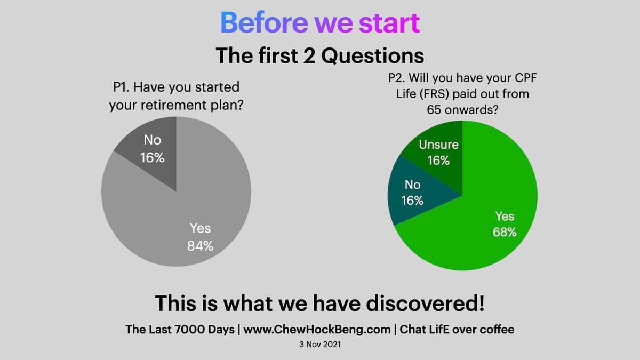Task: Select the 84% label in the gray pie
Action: (x=201, y=246)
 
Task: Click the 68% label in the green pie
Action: (x=505, y=232)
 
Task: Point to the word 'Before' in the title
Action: (x=264, y=23)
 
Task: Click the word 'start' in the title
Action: (x=389, y=23)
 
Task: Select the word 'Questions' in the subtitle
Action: (x=373, y=55)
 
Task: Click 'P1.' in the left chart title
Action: (x=121, y=87)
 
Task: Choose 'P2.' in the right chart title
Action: (x=397, y=78)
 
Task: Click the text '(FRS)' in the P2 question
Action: (x=434, y=94)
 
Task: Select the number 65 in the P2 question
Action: (x=434, y=110)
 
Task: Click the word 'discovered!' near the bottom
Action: (x=426, y=303)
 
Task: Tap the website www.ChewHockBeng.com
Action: (x=317, y=330)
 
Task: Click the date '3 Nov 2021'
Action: (x=319, y=345)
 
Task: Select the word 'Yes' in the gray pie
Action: (x=201, y=228)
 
